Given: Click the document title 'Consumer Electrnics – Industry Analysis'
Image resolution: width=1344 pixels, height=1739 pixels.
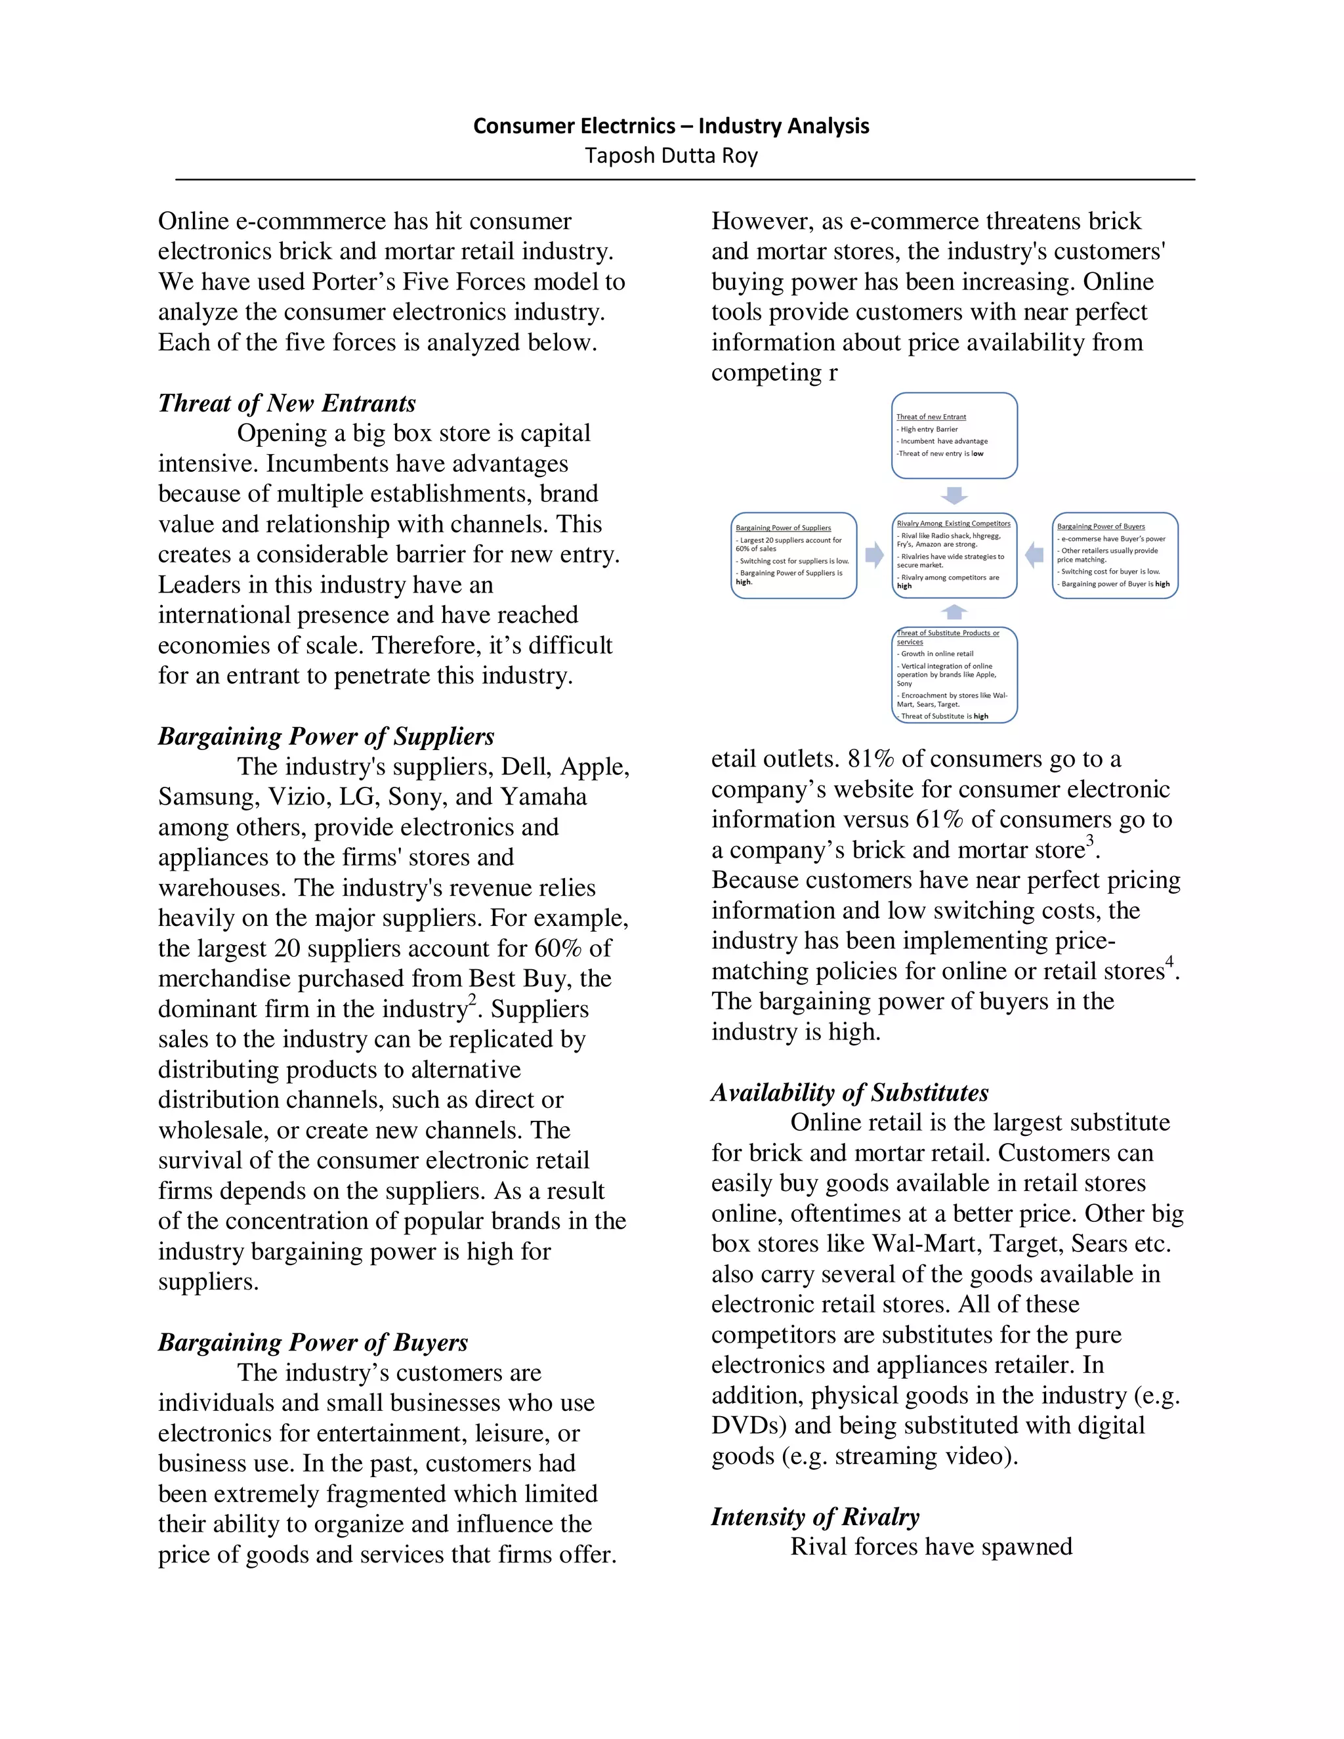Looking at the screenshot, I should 671,126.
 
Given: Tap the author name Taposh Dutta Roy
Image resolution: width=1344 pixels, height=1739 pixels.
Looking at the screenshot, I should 671,156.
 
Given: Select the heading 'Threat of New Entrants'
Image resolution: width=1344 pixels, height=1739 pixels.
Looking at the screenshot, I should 287,403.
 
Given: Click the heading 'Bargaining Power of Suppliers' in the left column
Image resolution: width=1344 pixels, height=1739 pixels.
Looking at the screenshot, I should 325,736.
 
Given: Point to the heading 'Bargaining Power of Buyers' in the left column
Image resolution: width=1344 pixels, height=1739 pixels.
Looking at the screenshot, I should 312,1342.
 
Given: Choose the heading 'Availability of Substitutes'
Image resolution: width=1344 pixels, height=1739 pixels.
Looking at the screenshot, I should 850,1092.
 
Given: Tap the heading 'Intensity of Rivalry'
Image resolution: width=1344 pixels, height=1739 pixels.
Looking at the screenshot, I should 814,1516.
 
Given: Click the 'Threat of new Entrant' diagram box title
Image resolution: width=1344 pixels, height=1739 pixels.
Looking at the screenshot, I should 931,417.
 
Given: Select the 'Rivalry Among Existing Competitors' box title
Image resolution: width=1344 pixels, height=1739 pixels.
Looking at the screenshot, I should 953,523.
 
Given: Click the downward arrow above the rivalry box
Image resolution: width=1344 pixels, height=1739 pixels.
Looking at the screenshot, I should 954,495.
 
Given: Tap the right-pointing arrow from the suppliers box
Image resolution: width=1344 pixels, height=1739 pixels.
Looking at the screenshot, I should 874,555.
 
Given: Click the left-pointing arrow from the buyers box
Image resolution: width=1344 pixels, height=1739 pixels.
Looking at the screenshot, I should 1034,555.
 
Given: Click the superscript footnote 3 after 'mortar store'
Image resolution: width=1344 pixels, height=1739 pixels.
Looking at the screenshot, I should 1090,841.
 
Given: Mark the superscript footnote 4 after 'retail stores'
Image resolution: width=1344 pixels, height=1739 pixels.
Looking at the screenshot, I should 1169,962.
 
